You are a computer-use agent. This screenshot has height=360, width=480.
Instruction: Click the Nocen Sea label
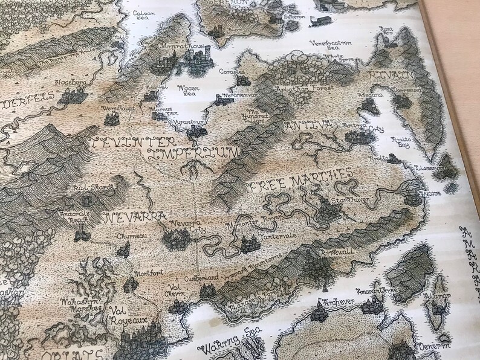(x=186, y=91)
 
